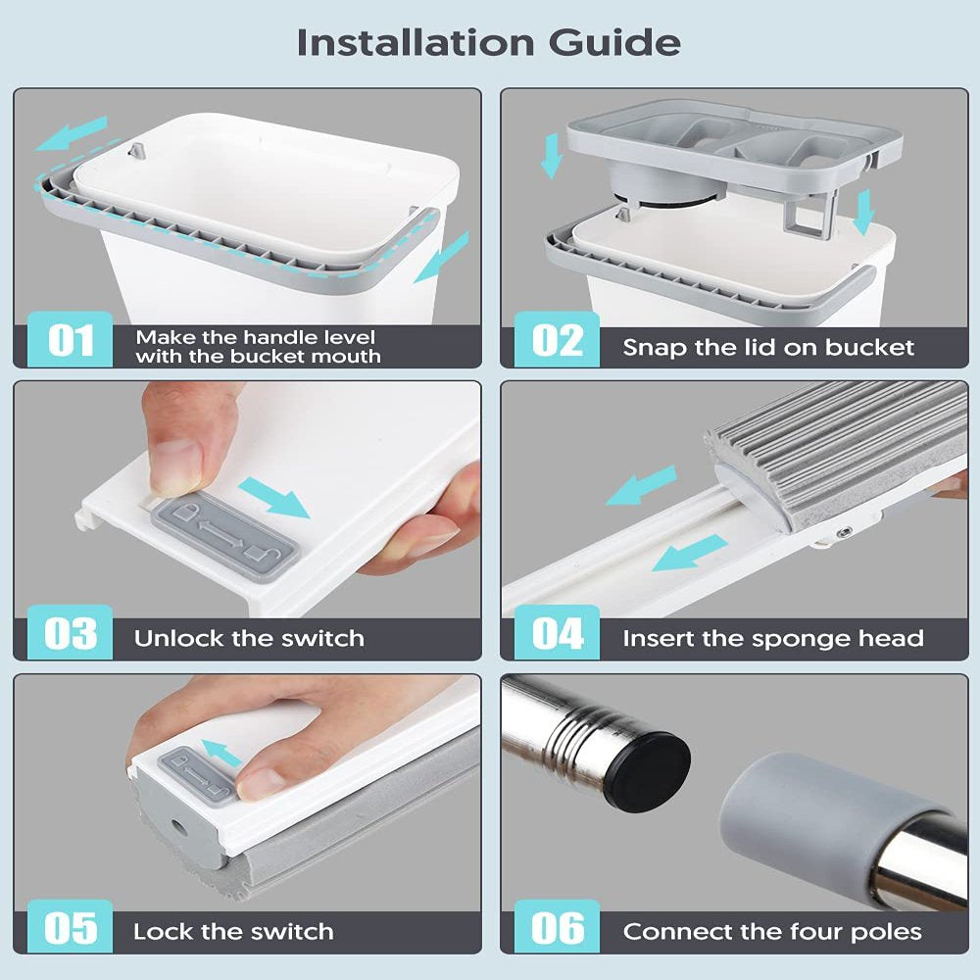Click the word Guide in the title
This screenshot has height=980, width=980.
pos(614,42)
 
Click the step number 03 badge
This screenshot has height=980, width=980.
pos(70,632)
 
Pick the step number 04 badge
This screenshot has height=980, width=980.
pos(557,632)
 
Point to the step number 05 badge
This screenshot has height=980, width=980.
pos(70,927)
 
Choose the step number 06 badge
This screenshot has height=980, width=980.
pos(557,927)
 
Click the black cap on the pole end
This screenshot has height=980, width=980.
pos(648,772)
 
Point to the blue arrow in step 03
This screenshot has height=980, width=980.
pos(274,498)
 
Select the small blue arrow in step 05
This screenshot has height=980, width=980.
pos(221,752)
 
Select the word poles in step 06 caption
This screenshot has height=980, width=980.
pos(886,933)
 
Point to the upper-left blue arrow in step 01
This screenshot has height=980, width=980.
pos(72,132)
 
